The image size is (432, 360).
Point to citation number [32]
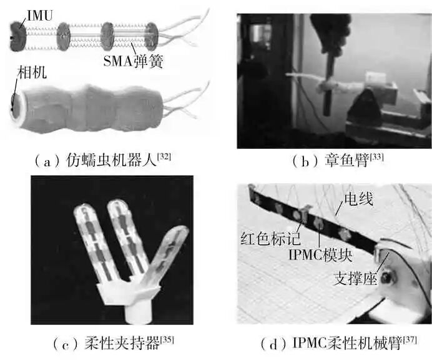click(x=164, y=156)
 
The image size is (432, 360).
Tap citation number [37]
click(x=408, y=339)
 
